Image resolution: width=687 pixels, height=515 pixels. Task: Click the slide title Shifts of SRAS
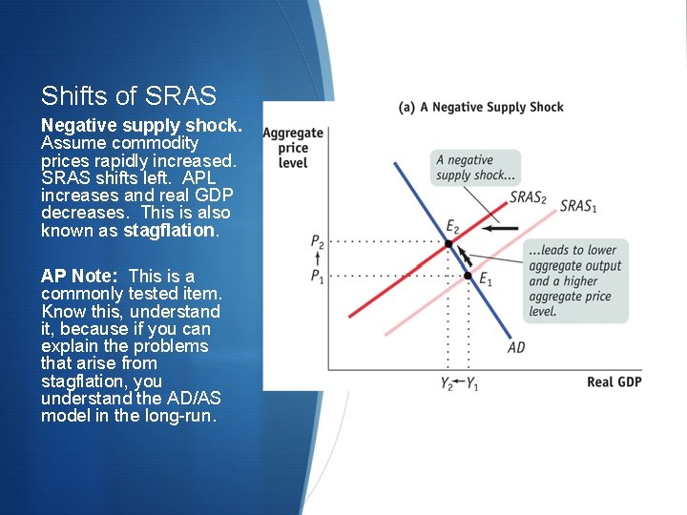click(129, 96)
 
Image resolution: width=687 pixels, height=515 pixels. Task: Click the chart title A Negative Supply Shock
click(481, 107)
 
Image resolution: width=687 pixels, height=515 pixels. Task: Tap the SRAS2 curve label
click(528, 197)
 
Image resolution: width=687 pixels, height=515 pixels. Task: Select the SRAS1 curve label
click(578, 206)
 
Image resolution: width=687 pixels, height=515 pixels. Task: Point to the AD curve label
click(516, 347)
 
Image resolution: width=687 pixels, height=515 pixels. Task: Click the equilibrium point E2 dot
click(449, 244)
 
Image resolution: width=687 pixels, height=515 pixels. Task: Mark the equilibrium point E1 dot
click(468, 276)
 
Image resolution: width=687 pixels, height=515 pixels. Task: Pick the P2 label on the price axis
click(317, 243)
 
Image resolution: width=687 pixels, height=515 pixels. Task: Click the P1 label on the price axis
click(317, 276)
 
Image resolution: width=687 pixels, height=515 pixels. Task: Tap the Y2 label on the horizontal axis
click(446, 383)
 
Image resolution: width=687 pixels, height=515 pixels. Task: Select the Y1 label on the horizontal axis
click(473, 383)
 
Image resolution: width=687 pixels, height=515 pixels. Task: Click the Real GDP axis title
click(614, 382)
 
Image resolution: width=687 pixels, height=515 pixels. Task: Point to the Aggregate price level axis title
click(293, 148)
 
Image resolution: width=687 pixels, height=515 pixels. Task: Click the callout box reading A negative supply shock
click(475, 167)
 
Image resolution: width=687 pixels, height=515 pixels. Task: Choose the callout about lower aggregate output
click(574, 280)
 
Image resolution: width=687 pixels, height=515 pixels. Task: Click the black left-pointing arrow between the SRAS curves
click(498, 229)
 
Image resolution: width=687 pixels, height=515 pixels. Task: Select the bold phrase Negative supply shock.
click(141, 126)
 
